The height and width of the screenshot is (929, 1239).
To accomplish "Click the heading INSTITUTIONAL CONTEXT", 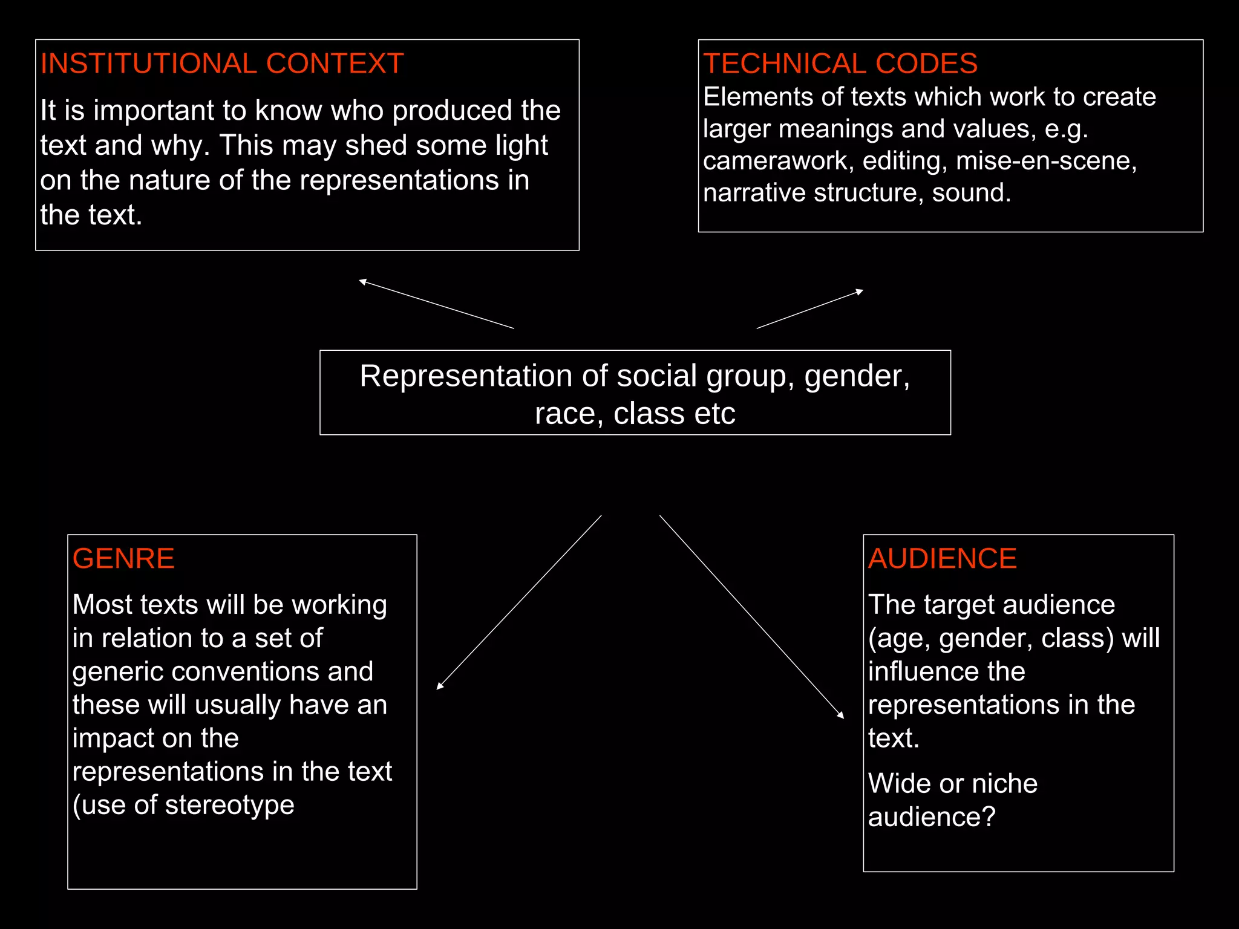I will coord(221,64).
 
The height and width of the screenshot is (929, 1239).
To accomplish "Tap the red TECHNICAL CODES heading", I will coord(840,64).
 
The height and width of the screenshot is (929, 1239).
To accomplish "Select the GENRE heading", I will coord(123,558).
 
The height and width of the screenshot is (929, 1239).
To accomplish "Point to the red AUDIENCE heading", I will coord(942,558).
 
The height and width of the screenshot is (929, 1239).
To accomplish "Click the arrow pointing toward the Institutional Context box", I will coord(436,304).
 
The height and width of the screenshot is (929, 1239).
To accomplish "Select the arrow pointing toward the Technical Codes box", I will coord(809,309).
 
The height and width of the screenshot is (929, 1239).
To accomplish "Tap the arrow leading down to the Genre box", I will coord(519,602).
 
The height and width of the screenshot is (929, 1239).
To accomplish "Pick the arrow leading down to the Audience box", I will coord(751,616).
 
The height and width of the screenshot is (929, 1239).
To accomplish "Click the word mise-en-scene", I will coord(1046,161).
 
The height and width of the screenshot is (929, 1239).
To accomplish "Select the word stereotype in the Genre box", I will coord(229,805).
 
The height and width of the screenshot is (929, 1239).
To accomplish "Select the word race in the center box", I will coord(564,414).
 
